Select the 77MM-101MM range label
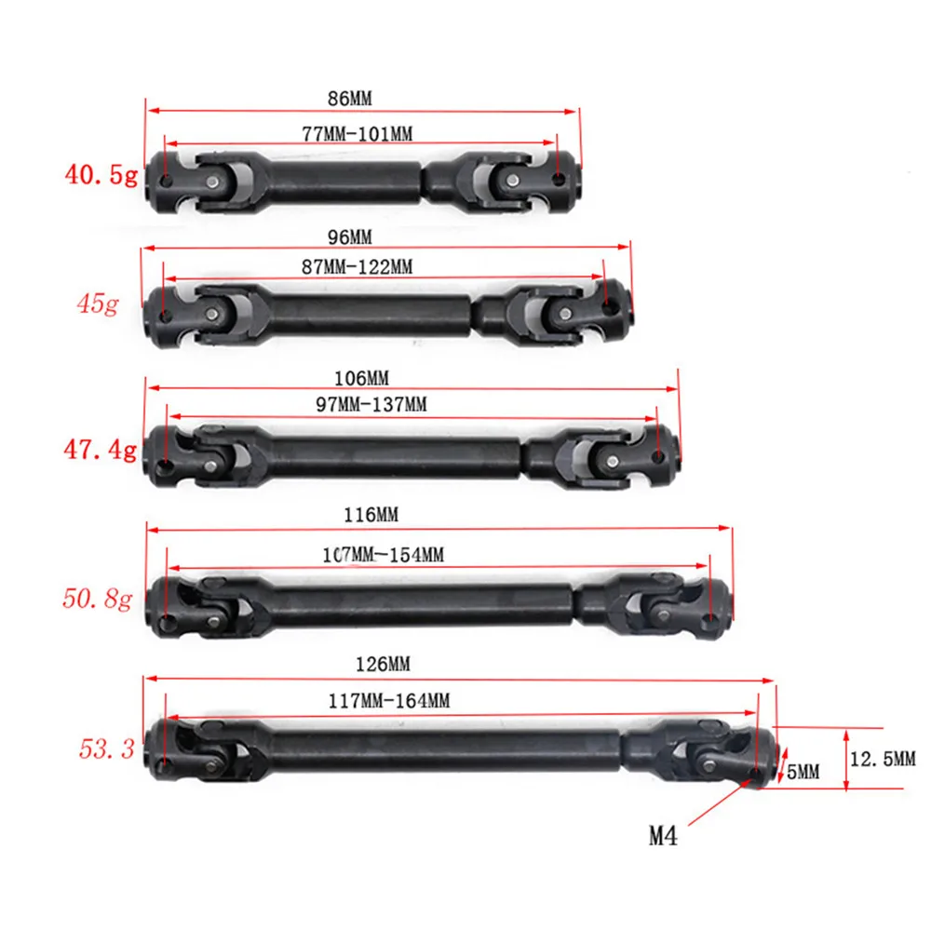point(358,134)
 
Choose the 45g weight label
point(97,304)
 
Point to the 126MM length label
point(384,664)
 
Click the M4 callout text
point(663,836)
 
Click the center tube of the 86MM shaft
point(344,180)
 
